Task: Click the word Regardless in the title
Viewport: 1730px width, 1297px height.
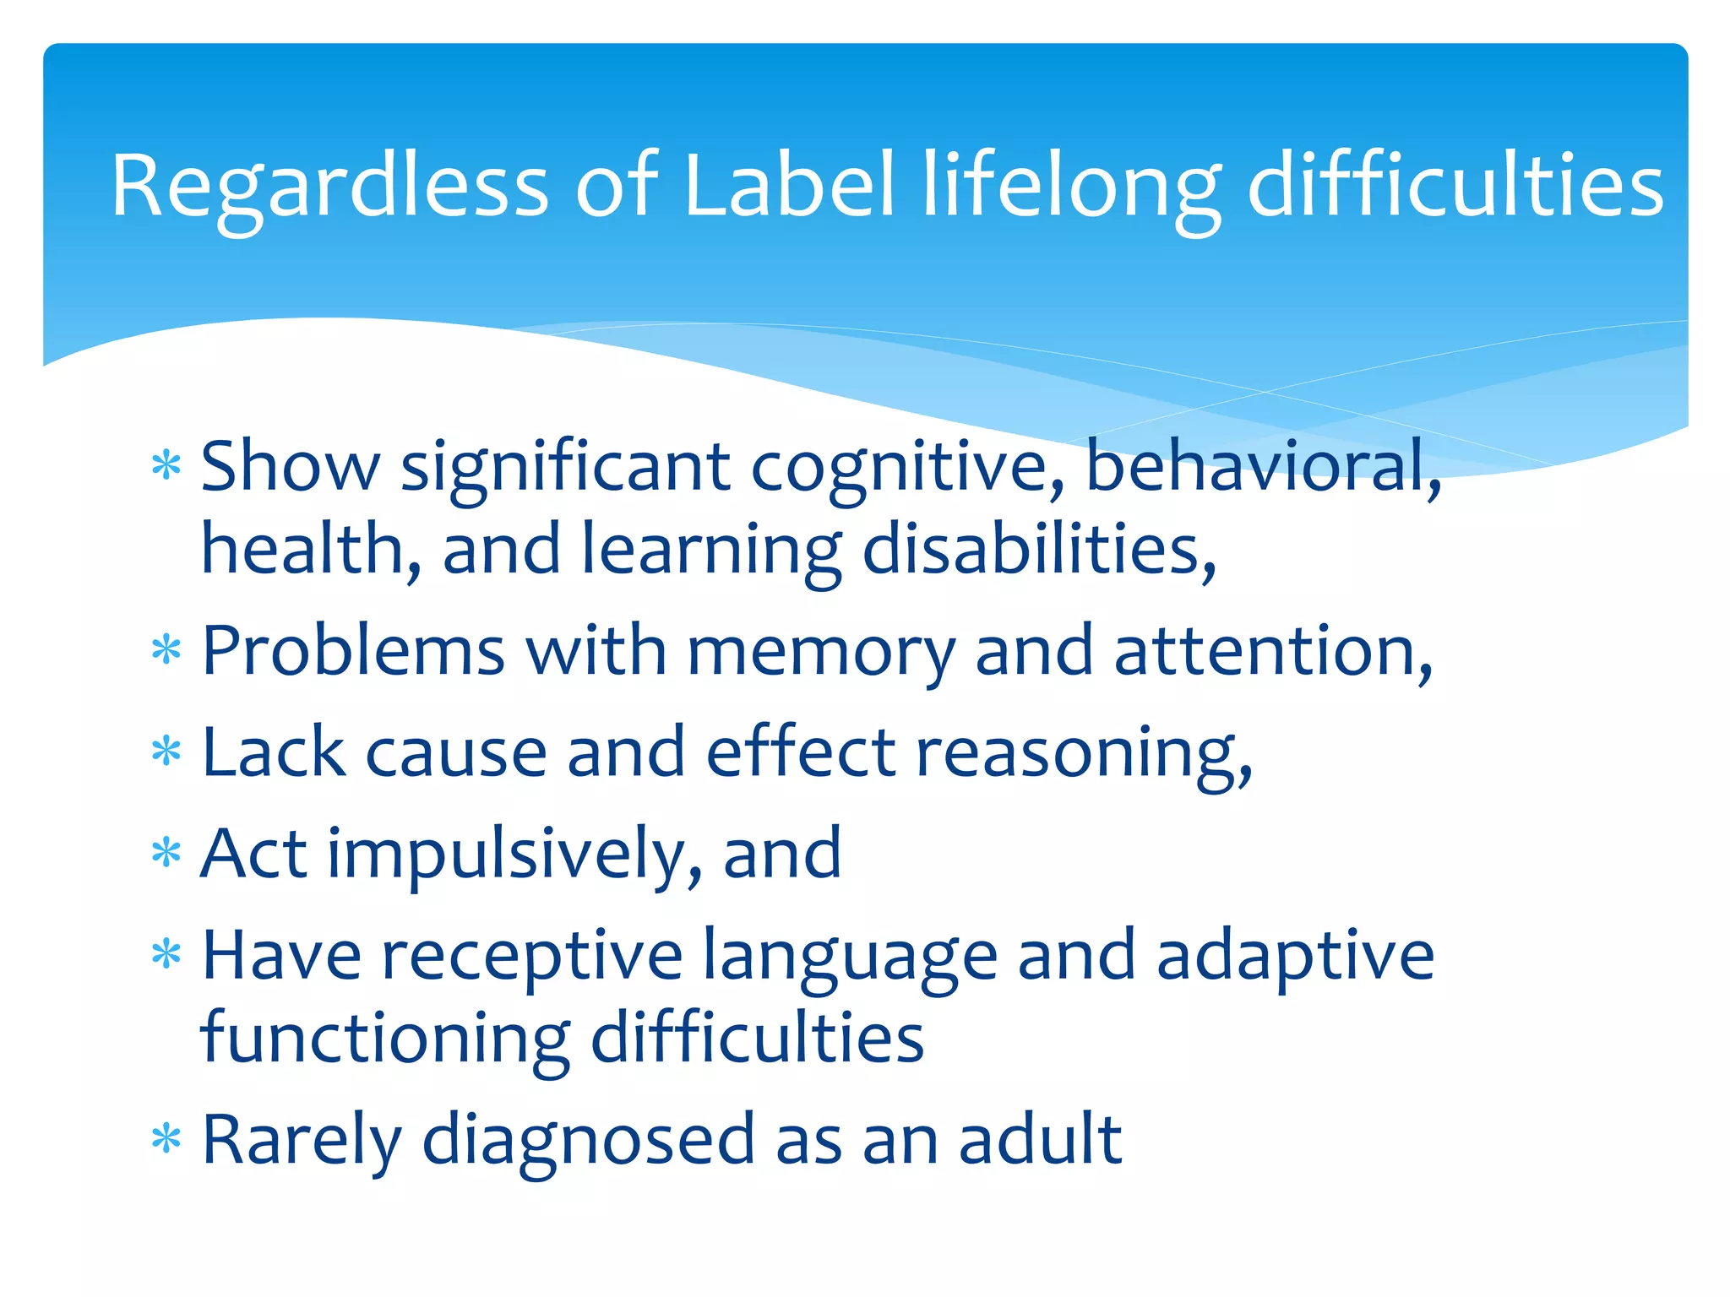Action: (x=329, y=187)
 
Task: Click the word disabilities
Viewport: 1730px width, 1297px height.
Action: (x=1039, y=550)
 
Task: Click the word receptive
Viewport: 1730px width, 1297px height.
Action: (x=532, y=957)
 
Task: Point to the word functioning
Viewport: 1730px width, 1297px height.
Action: (x=385, y=1039)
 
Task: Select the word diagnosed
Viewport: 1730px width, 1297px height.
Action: (x=587, y=1142)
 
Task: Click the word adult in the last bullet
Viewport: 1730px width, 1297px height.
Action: (x=1040, y=1141)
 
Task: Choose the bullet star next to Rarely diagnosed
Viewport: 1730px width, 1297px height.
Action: (x=166, y=1140)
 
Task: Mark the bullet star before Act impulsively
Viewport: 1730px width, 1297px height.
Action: (x=166, y=853)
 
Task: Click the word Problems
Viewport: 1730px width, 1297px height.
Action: (x=353, y=653)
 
